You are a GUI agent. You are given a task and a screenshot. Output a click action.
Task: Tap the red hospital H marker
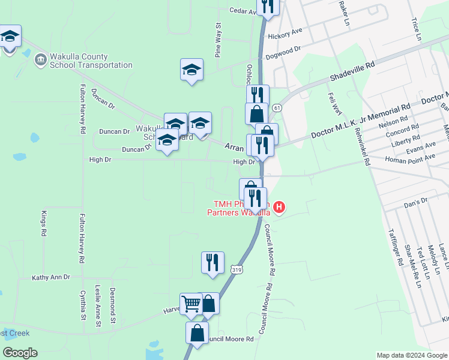pos(279,208)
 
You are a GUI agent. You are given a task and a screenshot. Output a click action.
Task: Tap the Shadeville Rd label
pos(352,71)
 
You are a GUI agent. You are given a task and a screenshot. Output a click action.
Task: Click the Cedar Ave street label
pos(243,10)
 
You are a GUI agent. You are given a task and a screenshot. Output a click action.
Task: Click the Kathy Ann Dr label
pos(51,277)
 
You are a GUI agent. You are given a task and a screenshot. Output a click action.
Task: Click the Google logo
pos(20,353)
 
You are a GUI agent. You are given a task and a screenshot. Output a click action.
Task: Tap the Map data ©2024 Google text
pos(411,355)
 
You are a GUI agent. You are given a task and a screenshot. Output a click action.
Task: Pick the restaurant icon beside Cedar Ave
pos(267,6)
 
